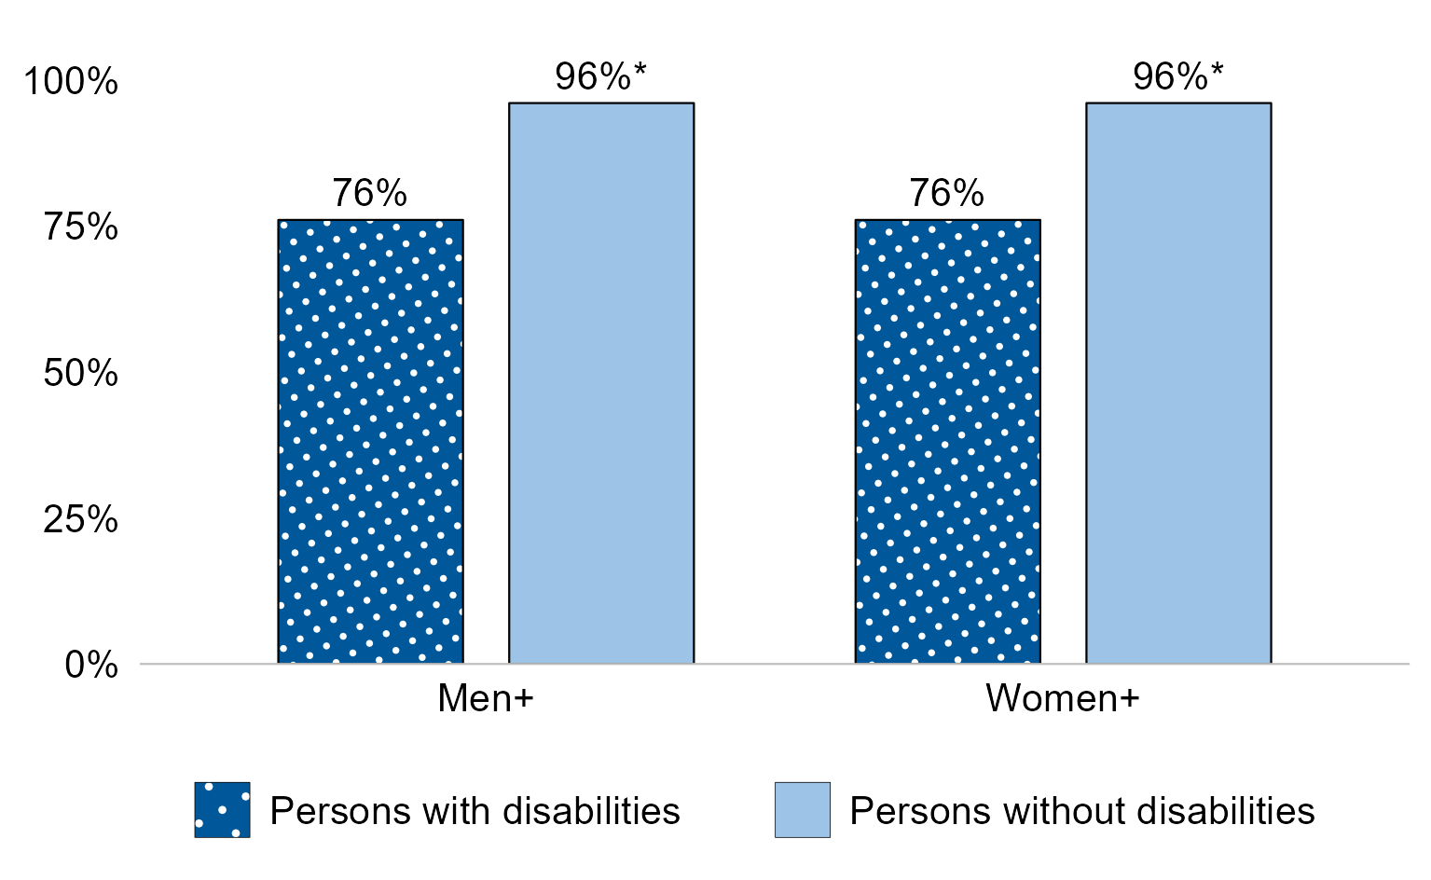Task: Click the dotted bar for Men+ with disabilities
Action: coord(370,442)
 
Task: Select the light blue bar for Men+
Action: coord(600,383)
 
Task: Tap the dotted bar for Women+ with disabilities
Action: coord(947,442)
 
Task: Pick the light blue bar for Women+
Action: coord(1177,383)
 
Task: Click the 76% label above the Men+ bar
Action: coord(370,194)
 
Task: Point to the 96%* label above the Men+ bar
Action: coord(600,77)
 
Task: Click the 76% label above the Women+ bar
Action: coord(947,194)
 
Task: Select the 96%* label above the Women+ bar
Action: coord(1177,77)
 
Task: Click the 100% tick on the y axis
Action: coord(72,82)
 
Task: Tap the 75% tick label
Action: coord(80,227)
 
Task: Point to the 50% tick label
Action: coord(80,374)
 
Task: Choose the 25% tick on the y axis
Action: coord(80,519)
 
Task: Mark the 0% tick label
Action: coord(91,666)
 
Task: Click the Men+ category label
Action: coord(485,698)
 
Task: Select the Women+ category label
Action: coord(1062,698)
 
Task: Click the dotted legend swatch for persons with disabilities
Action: coord(222,809)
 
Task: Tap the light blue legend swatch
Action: coord(802,809)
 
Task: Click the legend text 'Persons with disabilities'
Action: coord(475,811)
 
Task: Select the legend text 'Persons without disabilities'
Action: coord(1081,811)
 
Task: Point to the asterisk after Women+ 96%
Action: coord(1217,70)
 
